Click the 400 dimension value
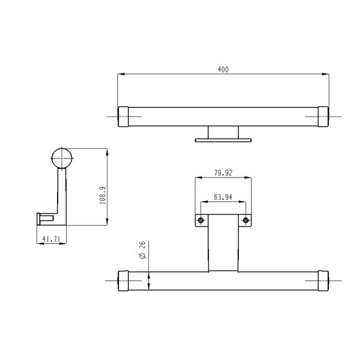click(x=223, y=70)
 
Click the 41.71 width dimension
click(x=51, y=239)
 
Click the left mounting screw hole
click(x=201, y=221)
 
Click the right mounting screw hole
click(x=245, y=221)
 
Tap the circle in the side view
click(x=61, y=158)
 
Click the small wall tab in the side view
click(x=42, y=217)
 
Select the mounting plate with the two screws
click(x=223, y=221)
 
